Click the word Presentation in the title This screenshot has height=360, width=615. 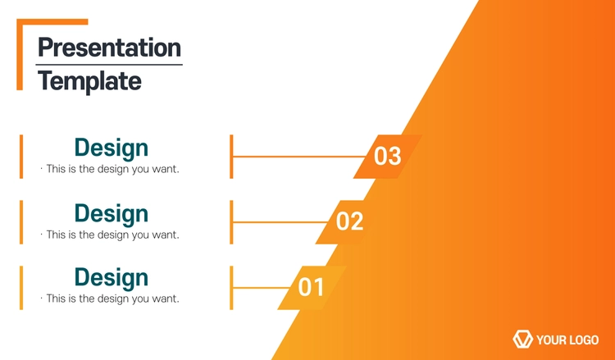coord(109,48)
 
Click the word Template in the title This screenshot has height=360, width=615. coord(90,81)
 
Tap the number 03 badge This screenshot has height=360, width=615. coord(388,157)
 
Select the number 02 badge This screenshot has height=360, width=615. coord(349,222)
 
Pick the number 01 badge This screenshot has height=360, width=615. coord(312,288)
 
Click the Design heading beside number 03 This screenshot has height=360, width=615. coord(112,148)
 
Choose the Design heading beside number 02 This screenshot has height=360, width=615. coord(112,214)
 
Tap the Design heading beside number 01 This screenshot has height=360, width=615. coord(112,278)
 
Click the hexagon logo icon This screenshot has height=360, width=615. coord(523,339)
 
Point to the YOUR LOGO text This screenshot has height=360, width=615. coord(567,339)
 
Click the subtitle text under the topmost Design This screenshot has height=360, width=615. coord(110,169)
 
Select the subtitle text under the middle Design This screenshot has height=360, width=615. coord(110,235)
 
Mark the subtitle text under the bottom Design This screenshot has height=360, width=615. coord(110,298)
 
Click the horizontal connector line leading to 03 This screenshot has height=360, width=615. coord(298,157)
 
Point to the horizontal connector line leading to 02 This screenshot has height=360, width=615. coord(280,222)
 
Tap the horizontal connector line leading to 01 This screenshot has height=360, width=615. coord(262,288)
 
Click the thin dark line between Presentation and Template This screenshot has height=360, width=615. coord(109,65)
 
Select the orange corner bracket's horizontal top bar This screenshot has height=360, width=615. coord(52,21)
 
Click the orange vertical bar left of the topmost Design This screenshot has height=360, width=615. coord(21,157)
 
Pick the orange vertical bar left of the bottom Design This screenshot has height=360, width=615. coord(21,288)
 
